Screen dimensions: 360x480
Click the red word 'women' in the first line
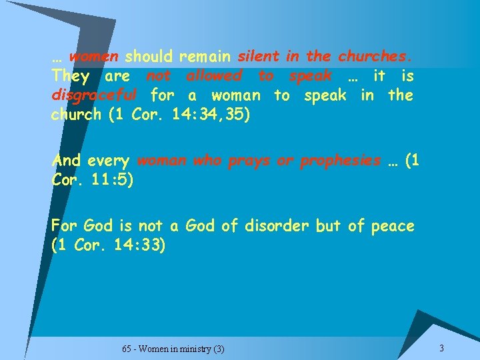[93, 57]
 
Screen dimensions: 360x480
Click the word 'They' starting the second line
[70, 76]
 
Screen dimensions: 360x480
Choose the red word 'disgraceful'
[94, 95]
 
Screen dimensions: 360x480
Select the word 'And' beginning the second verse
[66, 161]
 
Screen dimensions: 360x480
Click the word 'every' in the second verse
[109, 161]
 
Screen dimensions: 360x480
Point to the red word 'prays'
[244, 161]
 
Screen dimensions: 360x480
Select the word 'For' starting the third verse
[65, 226]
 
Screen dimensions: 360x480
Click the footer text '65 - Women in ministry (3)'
[173, 349]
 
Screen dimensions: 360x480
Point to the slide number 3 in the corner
[441, 349]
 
